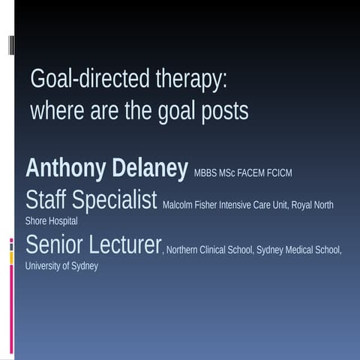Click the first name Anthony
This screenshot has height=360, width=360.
click(66, 168)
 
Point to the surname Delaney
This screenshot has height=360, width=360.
click(149, 168)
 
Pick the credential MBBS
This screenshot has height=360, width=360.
click(205, 173)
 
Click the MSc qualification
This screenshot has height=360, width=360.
click(226, 173)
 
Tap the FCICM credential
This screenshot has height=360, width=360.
click(279, 173)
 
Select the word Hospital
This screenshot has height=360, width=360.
click(62, 221)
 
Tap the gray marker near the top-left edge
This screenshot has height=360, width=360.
click(11, 45)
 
